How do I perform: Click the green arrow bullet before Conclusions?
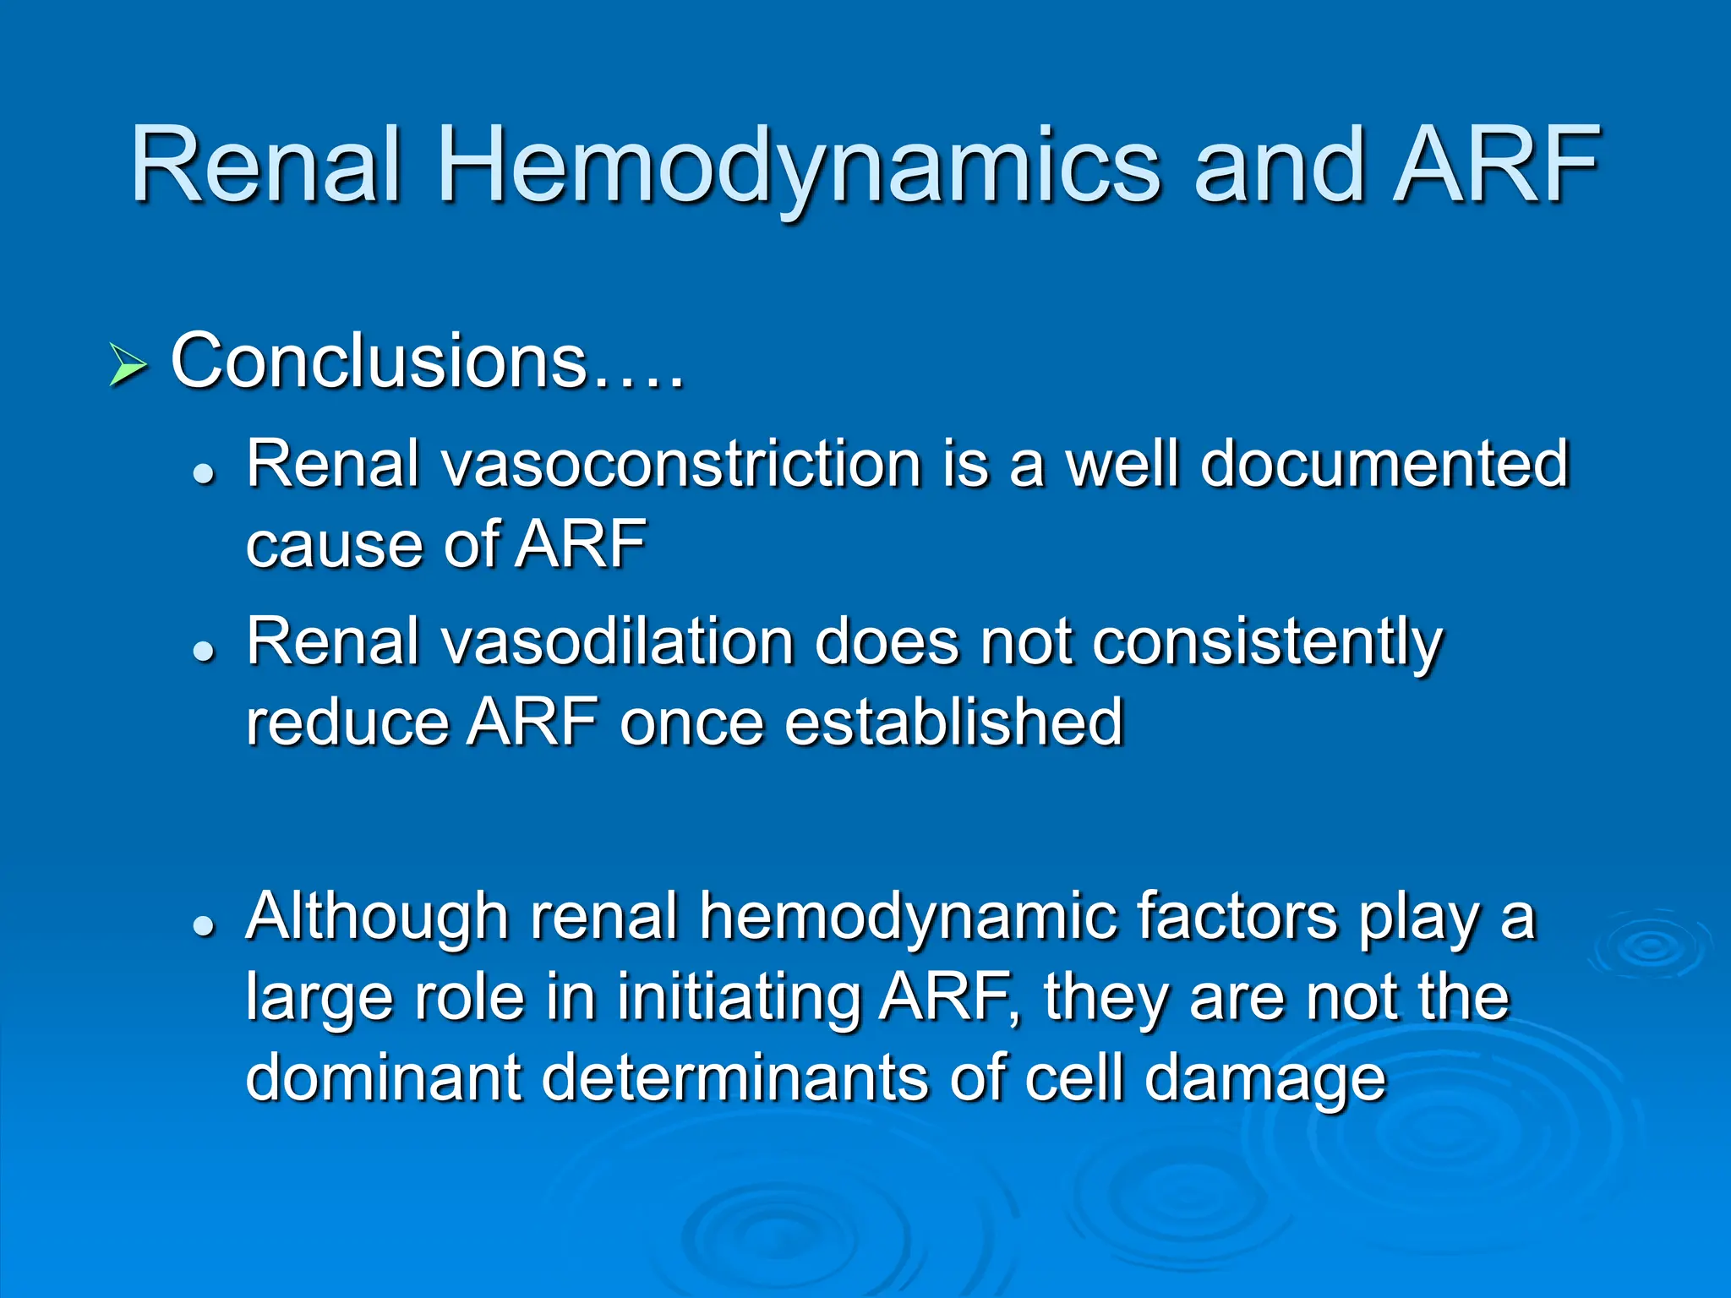128,367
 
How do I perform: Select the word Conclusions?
378,362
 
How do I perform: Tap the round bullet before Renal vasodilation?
204,652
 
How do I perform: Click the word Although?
377,917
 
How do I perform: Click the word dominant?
383,1077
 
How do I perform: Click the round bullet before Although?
204,926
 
